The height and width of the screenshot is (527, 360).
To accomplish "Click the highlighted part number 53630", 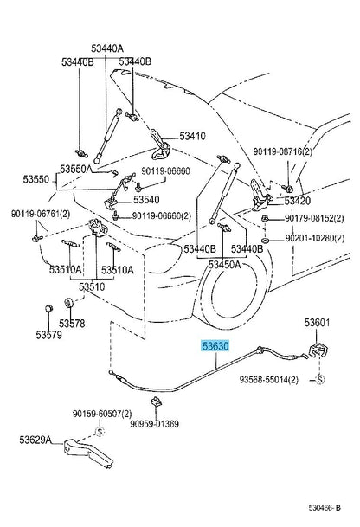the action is click(x=215, y=346).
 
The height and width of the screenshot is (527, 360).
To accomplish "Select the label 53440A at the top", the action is click(x=107, y=48).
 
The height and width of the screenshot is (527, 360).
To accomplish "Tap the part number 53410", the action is click(x=192, y=136).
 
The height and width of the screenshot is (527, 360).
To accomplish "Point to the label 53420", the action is click(x=298, y=201).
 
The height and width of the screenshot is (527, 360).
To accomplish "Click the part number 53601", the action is click(x=318, y=323).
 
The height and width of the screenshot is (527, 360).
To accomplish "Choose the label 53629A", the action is click(x=35, y=440).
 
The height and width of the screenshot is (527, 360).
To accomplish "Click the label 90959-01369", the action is click(x=155, y=424).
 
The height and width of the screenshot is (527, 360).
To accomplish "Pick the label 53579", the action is click(x=49, y=335).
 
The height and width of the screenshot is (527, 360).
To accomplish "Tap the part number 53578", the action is click(x=72, y=324).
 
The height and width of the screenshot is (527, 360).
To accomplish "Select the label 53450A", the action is click(x=224, y=265).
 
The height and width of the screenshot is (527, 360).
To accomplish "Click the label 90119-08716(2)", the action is click(x=283, y=152).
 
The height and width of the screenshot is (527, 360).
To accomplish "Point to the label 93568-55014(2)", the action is click(x=269, y=380).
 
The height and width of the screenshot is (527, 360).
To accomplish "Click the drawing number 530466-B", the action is click(x=325, y=507).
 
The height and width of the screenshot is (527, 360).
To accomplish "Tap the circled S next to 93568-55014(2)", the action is click(x=319, y=379).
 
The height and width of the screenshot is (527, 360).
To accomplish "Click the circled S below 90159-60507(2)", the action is click(x=100, y=432).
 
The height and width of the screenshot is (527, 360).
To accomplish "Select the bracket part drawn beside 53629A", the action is click(x=87, y=453).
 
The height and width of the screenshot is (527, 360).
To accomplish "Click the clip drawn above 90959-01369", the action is click(x=157, y=402).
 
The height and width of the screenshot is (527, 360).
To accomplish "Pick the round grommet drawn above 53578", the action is click(x=68, y=302).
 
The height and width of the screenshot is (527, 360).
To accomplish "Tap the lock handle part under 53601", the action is click(x=318, y=350).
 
